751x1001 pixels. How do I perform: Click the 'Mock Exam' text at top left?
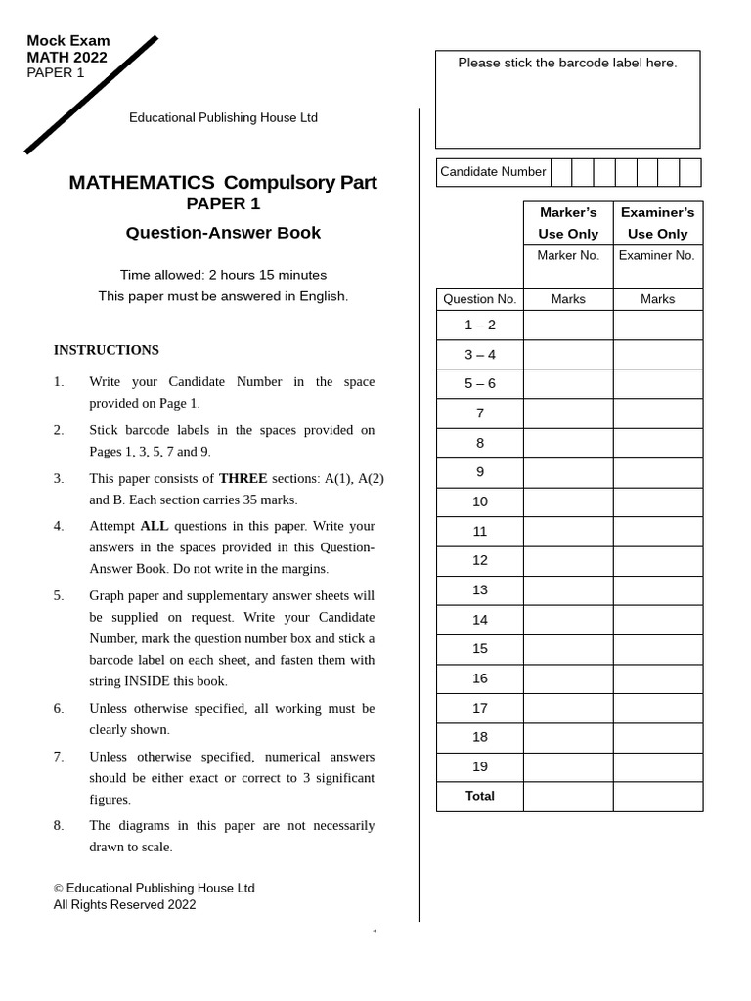tap(67, 41)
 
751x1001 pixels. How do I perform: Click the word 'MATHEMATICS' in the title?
tap(142, 183)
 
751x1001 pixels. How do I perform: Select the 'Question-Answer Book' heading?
tap(223, 233)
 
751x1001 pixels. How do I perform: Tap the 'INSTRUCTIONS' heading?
tap(106, 350)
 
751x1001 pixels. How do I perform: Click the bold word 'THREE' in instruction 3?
tap(243, 478)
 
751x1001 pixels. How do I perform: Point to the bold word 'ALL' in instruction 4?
tap(155, 526)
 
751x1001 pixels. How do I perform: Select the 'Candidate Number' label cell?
tap(493, 172)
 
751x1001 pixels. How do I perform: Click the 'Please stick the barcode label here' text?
tap(567, 63)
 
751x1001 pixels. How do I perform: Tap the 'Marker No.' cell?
tap(568, 255)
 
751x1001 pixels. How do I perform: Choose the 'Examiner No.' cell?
tap(657, 255)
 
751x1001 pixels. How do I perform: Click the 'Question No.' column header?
tap(479, 299)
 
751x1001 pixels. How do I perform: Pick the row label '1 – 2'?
tap(479, 325)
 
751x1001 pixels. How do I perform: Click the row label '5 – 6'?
tap(479, 383)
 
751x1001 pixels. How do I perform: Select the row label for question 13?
tap(479, 589)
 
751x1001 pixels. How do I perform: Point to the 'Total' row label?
tap(479, 796)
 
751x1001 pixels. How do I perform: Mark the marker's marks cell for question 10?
tap(568, 501)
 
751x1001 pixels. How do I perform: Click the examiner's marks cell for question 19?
tap(657, 766)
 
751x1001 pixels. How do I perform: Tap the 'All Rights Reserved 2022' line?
tap(124, 904)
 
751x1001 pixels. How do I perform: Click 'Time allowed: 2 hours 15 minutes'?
tap(223, 275)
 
